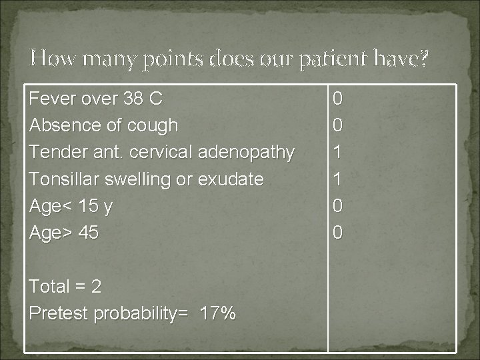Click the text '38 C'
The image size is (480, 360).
pyautogui.click(x=143, y=99)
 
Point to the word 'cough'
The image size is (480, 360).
pyautogui.click(x=154, y=125)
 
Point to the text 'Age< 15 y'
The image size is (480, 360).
pyautogui.click(x=71, y=206)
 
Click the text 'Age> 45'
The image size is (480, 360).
pyautogui.click(x=64, y=233)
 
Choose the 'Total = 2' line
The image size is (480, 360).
pyautogui.click(x=65, y=287)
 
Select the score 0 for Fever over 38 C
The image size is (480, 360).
pyautogui.click(x=338, y=99)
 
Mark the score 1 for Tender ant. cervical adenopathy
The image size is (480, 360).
pyautogui.click(x=338, y=152)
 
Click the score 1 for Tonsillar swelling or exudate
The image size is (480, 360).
pyautogui.click(x=338, y=179)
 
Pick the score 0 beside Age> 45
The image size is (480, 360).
pyautogui.click(x=338, y=233)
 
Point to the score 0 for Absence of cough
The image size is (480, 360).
pyautogui.click(x=338, y=125)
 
